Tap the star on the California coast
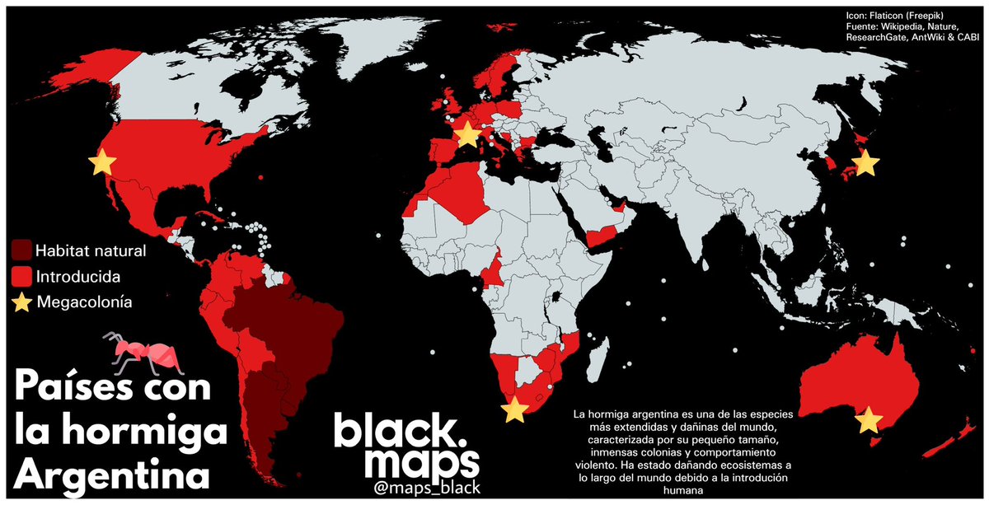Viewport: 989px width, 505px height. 102,162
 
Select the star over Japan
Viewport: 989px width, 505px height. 865,164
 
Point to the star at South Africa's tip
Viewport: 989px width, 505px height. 514,409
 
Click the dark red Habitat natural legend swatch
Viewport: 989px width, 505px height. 22,250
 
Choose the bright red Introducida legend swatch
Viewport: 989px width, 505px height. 22,275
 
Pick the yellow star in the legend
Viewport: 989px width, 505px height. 22,302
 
